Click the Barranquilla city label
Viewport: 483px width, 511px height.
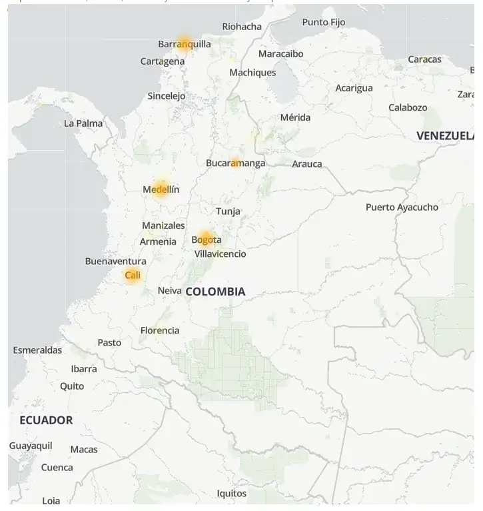[x=184, y=44]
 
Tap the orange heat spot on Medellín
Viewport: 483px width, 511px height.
[x=161, y=189]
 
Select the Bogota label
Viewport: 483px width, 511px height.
[x=207, y=239]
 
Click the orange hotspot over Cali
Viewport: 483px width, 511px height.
[x=133, y=275]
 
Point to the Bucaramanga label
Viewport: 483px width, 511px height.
[x=235, y=163]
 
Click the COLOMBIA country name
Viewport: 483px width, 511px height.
[x=215, y=292]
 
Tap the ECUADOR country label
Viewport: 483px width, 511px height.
[x=46, y=420]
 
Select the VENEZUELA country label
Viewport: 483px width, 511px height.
[x=444, y=136]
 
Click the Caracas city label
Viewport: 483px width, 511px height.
[x=424, y=59]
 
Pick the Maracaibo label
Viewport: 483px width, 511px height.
[x=280, y=53]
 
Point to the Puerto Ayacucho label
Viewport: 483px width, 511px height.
[x=402, y=207]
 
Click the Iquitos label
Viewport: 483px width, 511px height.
[x=231, y=494]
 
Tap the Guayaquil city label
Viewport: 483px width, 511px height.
[x=31, y=446]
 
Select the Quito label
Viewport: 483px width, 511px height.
[x=72, y=386]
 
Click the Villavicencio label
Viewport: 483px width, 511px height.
[x=220, y=254]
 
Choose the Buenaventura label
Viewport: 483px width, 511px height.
[x=115, y=261]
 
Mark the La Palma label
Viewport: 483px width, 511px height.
[x=83, y=123]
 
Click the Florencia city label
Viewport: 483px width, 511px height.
[x=159, y=330]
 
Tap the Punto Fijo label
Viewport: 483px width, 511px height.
[x=324, y=22]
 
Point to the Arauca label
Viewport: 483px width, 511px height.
[x=306, y=164]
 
